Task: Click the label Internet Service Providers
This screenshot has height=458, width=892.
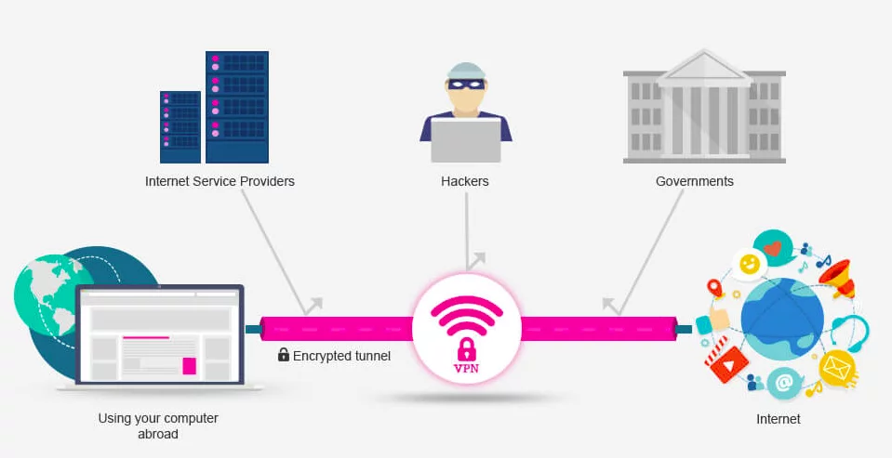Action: (x=220, y=181)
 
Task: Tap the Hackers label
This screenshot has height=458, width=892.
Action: (x=465, y=181)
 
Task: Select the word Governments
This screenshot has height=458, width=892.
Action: (x=695, y=181)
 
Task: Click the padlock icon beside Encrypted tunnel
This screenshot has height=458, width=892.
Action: (x=284, y=355)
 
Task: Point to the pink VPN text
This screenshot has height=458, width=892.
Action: (x=466, y=368)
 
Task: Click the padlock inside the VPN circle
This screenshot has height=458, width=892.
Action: (x=467, y=349)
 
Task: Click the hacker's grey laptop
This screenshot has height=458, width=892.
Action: (x=466, y=139)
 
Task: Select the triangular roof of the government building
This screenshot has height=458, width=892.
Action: (x=704, y=68)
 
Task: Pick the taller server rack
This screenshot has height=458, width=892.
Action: (x=237, y=107)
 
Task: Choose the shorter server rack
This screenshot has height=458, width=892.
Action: (x=180, y=126)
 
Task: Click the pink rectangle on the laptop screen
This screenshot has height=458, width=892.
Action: (x=190, y=366)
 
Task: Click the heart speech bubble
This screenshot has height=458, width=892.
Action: (x=773, y=247)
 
